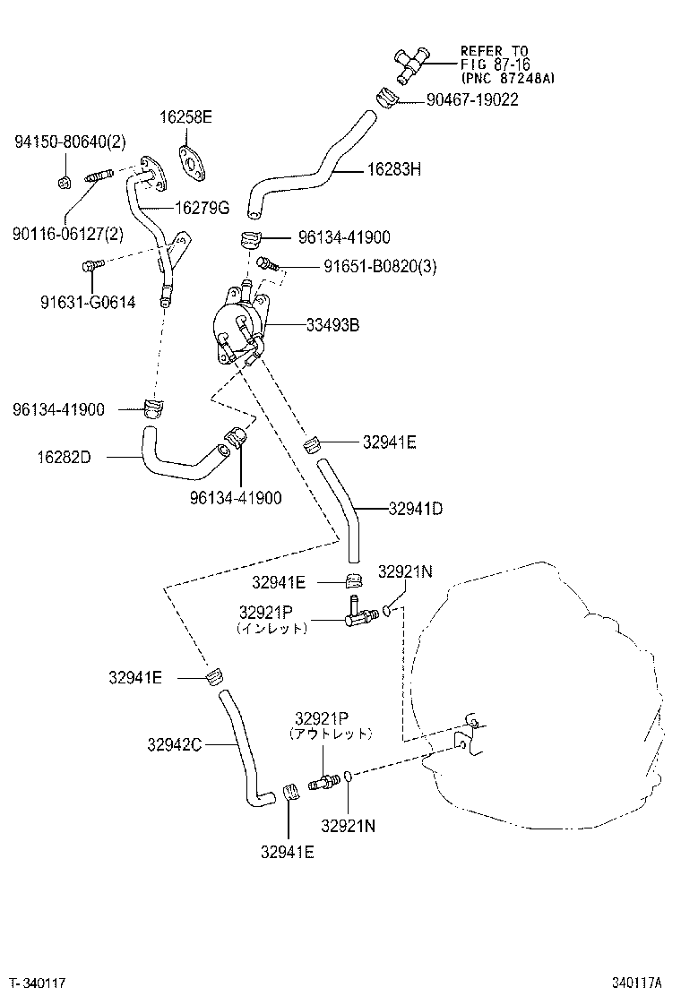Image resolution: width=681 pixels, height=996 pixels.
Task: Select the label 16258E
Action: pyautogui.click(x=186, y=117)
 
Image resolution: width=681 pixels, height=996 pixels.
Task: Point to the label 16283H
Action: pyautogui.click(x=393, y=169)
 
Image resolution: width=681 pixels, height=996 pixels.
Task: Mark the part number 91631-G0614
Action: pyautogui.click(x=74, y=303)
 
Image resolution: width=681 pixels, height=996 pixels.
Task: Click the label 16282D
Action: pyautogui.click(x=64, y=457)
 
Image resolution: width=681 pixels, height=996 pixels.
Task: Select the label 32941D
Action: pyautogui.click(x=416, y=509)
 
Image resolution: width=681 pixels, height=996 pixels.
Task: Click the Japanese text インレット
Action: pyautogui.click(x=272, y=629)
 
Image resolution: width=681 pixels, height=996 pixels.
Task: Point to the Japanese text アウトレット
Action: pyautogui.click(x=330, y=734)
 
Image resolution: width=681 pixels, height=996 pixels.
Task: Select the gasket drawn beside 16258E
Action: pyautogui.click(x=191, y=160)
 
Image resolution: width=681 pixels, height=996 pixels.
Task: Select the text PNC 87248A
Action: pyautogui.click(x=507, y=78)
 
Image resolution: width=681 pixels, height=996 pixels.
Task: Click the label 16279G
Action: pyautogui.click(x=202, y=209)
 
